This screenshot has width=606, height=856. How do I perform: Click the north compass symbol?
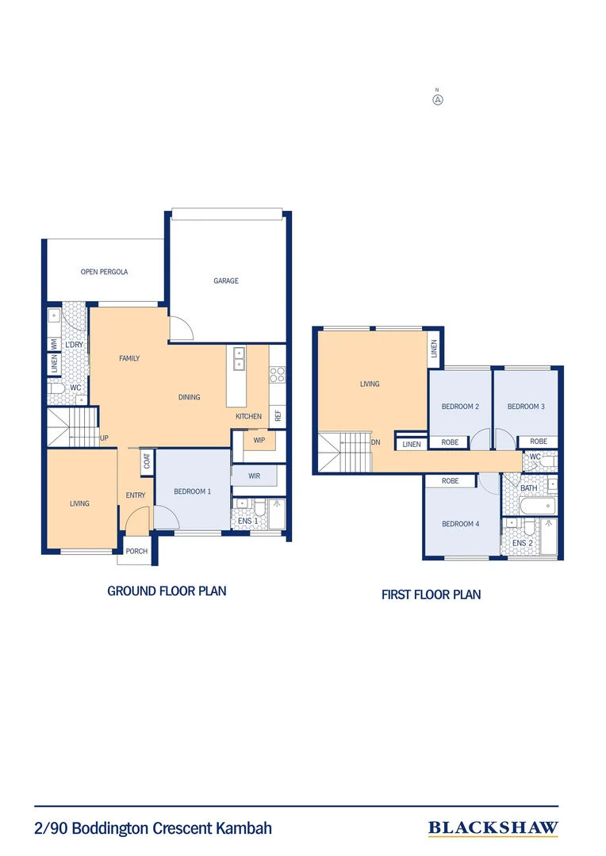(x=437, y=100)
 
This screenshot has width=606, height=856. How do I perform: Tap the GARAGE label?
(x=226, y=281)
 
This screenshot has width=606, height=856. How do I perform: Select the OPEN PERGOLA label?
(x=104, y=272)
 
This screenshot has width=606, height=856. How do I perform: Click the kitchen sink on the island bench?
(x=239, y=358)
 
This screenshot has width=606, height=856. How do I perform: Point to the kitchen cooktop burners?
(x=277, y=374)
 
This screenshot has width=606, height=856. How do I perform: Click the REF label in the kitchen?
(x=278, y=415)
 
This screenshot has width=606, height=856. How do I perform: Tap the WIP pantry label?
(x=259, y=441)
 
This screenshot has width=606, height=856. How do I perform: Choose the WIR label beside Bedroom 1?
(x=255, y=476)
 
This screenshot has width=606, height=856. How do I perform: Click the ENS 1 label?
(x=248, y=521)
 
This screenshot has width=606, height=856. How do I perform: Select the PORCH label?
(x=136, y=552)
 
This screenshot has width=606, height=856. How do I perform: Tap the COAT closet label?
(x=148, y=461)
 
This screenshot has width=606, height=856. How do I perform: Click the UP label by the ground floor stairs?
(x=104, y=438)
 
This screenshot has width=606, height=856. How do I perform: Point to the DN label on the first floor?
(x=375, y=443)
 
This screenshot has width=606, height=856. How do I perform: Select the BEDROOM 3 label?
(x=526, y=407)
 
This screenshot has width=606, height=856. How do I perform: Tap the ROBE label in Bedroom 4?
(x=450, y=481)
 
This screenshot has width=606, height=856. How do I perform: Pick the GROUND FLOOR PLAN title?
(x=167, y=590)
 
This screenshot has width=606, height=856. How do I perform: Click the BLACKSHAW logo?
(x=493, y=828)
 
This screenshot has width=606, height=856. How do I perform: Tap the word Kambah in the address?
(x=244, y=828)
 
